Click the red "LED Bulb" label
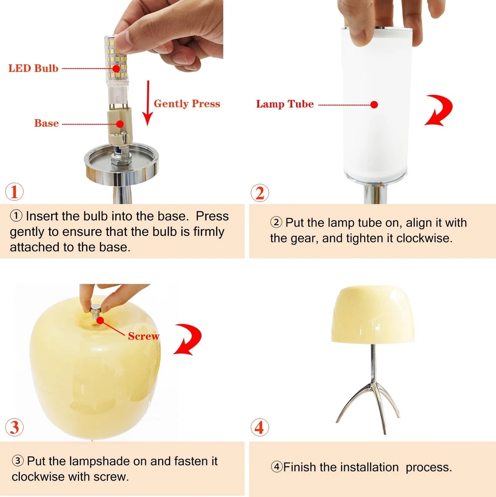[x=33, y=68]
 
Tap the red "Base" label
[x=46, y=123]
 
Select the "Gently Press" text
[x=187, y=104]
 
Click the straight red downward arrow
[x=148, y=103]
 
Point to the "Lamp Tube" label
[x=285, y=104]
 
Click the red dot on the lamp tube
[x=374, y=104]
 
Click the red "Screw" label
[x=143, y=336]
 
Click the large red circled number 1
[x=14, y=192]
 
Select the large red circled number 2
[x=260, y=193]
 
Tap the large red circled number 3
[x=14, y=427]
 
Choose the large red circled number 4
[x=260, y=427]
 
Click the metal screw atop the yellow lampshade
[x=95, y=311]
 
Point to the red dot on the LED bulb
[x=116, y=69]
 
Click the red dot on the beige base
[x=120, y=124]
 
